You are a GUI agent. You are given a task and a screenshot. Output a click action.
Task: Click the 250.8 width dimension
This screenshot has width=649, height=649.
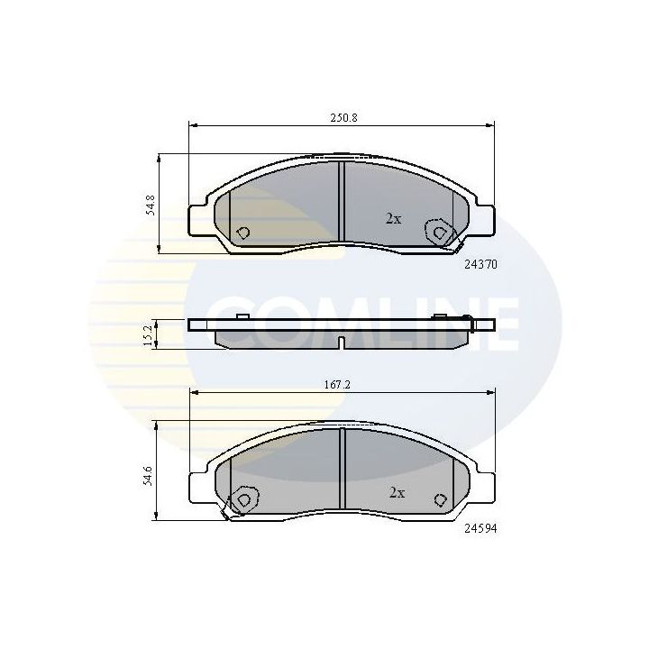(x=341, y=118)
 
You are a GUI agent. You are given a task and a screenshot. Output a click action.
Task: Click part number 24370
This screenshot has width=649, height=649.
(x=480, y=265)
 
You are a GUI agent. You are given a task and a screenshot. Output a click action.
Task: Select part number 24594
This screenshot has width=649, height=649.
(x=480, y=530)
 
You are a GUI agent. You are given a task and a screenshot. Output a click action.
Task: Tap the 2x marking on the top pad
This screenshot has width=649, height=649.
(x=393, y=219)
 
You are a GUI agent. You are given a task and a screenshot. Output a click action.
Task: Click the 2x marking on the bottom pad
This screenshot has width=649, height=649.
(x=397, y=492)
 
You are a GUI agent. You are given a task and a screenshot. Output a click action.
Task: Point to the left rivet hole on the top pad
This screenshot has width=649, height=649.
(x=242, y=233)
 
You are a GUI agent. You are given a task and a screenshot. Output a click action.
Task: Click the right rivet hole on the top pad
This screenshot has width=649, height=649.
(x=439, y=232)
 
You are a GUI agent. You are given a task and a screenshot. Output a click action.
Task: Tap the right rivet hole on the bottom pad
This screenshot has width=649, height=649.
(x=440, y=499)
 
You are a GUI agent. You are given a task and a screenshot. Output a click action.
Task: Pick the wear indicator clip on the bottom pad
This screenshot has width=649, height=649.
(x=227, y=514)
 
